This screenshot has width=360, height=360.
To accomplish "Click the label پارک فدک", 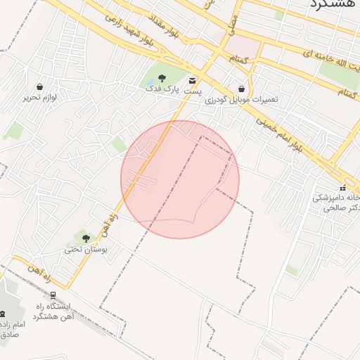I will click(x=159, y=89).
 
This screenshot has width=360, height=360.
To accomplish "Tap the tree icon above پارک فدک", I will click(x=162, y=77).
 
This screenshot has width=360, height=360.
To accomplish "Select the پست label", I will click(x=193, y=91).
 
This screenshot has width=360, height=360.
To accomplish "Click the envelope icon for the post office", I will click(x=193, y=81).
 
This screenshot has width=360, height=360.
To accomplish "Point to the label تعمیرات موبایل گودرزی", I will click(x=242, y=99).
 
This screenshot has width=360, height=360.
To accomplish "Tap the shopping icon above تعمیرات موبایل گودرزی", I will click(x=242, y=89).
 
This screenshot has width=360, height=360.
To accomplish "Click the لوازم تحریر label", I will click(x=39, y=98).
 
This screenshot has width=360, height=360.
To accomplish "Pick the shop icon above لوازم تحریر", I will click(x=39, y=86).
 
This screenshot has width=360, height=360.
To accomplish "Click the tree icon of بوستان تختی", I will click(x=86, y=238).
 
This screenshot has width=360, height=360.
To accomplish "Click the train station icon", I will click(x=53, y=295).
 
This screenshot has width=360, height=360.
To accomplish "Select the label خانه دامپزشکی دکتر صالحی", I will click(x=336, y=203).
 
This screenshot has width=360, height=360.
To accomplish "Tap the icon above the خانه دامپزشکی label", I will click(x=342, y=188).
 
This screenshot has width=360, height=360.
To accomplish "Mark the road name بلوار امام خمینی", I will click(x=278, y=134).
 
